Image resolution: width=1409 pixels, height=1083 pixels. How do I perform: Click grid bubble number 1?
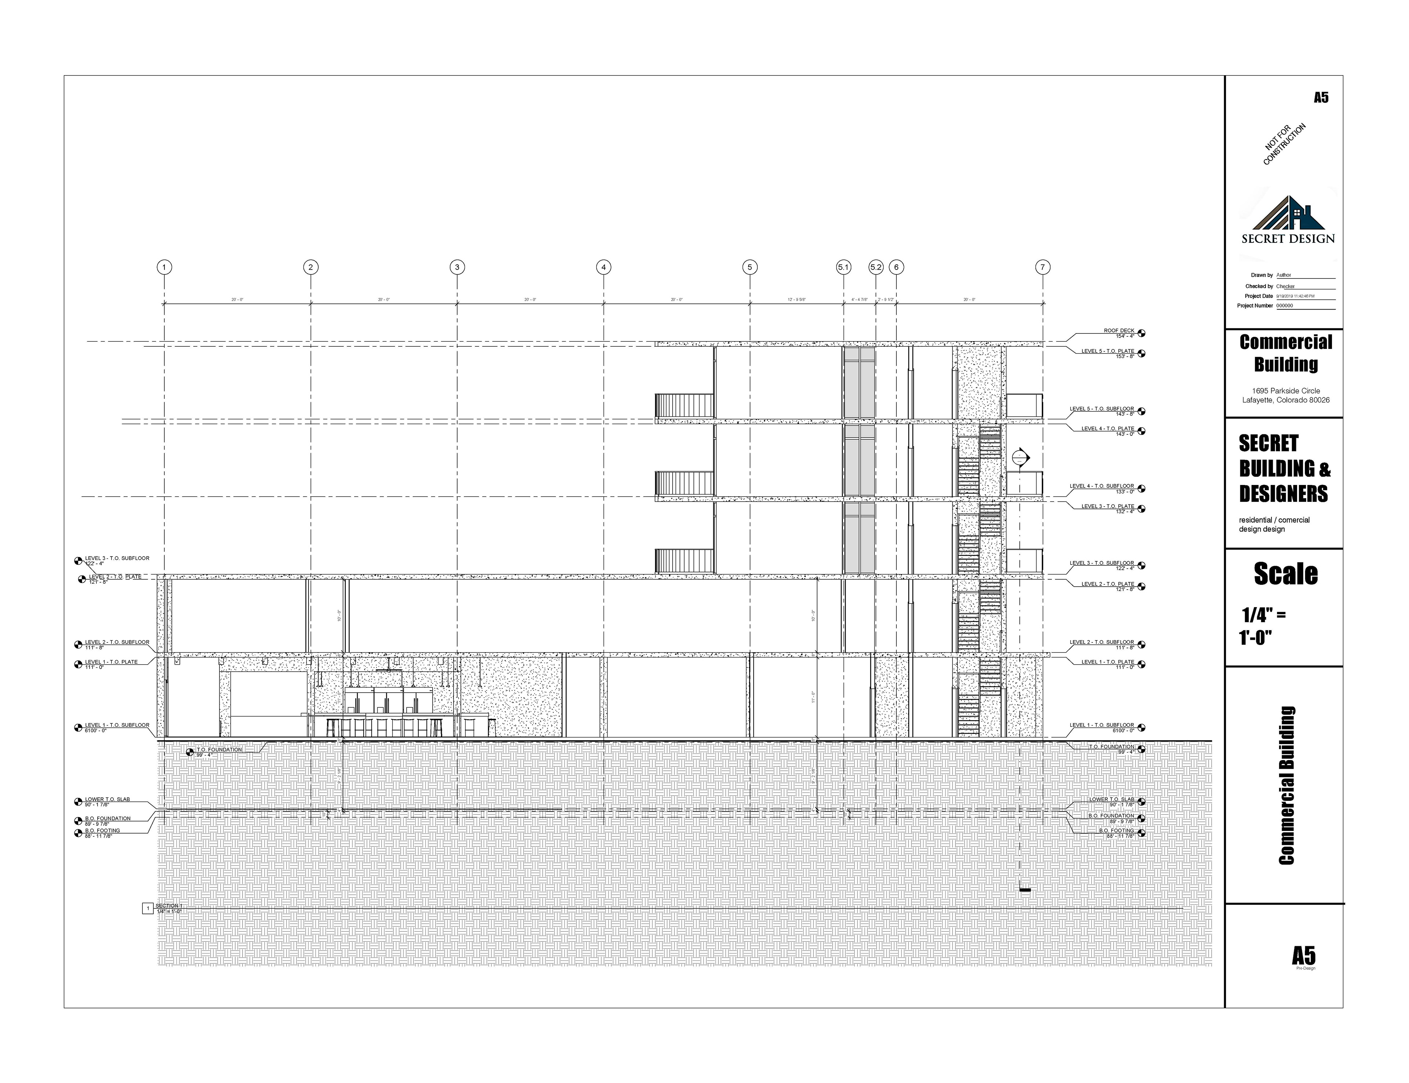coord(164,267)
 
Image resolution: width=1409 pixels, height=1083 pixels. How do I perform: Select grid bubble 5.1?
coord(843,267)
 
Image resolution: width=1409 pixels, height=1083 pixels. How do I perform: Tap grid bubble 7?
coord(1042,267)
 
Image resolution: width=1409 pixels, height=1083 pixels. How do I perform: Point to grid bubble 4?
coord(603,267)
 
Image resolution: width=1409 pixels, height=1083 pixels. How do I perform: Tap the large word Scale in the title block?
coord(1285,574)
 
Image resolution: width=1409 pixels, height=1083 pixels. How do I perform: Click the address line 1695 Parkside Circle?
coord(1285,391)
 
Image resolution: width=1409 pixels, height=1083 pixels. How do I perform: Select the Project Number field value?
coord(1285,306)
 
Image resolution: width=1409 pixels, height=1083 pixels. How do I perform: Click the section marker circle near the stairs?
coord(1020,458)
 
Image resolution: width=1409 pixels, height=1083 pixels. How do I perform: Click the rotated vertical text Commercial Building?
coord(1286,785)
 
